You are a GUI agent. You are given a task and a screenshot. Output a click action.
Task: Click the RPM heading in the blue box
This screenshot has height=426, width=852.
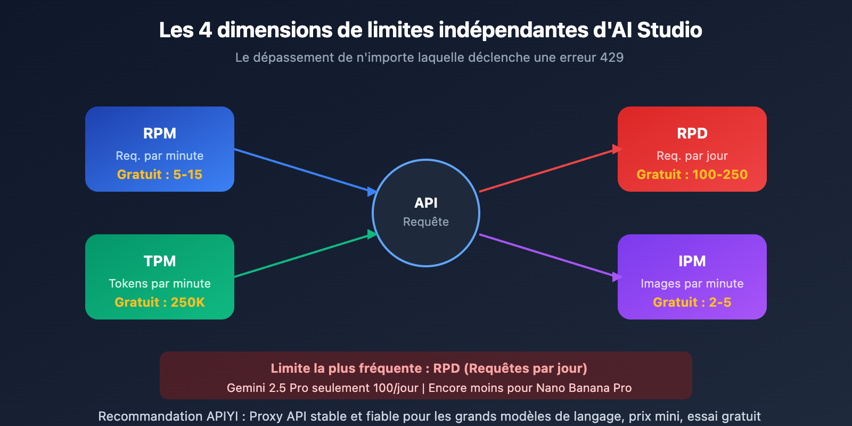click(160, 133)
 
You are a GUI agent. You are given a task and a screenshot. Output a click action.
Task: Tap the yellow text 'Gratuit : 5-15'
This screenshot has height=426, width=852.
click(160, 175)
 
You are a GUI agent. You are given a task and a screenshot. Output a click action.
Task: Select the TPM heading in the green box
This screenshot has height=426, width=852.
click(160, 261)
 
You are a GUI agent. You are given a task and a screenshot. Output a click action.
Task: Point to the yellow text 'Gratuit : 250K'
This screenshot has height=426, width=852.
click(160, 302)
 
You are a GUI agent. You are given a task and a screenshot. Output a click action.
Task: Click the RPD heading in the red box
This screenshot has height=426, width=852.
click(692, 133)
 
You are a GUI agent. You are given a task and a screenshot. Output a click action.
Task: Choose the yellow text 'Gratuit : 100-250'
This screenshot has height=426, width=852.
click(692, 175)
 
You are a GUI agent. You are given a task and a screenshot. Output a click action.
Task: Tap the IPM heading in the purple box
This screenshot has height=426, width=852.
click(692, 261)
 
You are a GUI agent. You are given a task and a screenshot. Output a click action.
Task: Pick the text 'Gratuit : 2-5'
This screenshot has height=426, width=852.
click(692, 302)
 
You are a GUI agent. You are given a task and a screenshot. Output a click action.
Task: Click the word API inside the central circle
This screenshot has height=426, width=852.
click(426, 203)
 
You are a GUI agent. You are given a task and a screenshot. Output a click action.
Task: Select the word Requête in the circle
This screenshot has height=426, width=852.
click(426, 222)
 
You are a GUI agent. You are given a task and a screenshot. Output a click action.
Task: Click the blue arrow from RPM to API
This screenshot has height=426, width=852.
click(304, 170)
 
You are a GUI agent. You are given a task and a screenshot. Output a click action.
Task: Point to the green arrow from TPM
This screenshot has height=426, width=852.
click(304, 256)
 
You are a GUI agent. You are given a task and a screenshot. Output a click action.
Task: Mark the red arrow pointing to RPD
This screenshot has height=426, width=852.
click(548, 170)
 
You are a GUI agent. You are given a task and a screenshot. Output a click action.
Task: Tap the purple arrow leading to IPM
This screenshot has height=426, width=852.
click(548, 256)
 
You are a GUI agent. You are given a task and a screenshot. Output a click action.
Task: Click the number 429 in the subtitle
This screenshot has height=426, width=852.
click(612, 58)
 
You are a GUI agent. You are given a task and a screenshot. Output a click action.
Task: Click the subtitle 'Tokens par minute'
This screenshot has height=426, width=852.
click(160, 283)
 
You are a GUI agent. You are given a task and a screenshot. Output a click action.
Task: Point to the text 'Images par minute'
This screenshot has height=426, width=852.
click(692, 283)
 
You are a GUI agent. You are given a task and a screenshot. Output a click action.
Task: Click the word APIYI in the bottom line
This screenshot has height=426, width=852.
click(220, 416)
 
